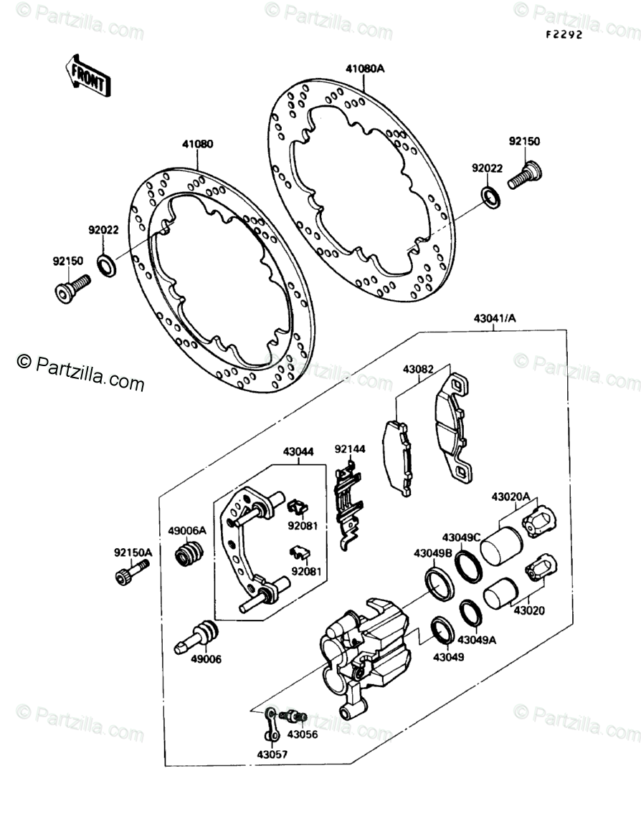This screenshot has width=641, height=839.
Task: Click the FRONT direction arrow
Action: (x=87, y=74)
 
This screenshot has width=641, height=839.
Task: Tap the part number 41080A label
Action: (x=365, y=69)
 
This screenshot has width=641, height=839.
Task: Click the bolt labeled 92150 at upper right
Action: (x=526, y=174)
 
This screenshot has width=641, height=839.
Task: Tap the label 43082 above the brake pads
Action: (x=417, y=370)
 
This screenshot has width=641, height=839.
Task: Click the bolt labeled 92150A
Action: (x=132, y=571)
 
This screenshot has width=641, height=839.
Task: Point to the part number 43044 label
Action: (x=298, y=453)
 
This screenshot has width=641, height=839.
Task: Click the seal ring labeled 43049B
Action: (x=440, y=582)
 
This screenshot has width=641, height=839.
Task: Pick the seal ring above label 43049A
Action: (x=470, y=613)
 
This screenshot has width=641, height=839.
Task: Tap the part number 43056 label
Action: (x=303, y=734)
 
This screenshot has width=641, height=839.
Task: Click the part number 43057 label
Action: (x=270, y=754)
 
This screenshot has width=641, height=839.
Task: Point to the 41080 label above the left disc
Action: (x=197, y=144)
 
